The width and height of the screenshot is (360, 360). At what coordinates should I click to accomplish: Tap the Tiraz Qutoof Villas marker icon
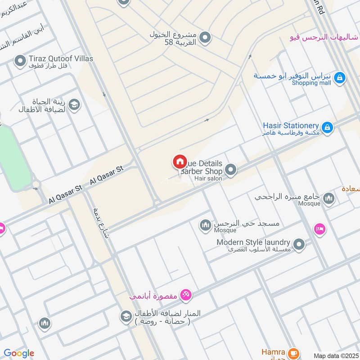pos(20,61)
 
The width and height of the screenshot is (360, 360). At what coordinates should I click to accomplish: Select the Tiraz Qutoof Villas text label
pos(61,58)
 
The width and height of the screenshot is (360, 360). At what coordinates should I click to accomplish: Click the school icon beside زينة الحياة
pos(74,105)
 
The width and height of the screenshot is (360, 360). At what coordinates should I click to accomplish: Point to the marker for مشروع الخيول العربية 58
pos(205,38)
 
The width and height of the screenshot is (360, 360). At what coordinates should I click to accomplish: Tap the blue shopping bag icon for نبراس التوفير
pos(340,78)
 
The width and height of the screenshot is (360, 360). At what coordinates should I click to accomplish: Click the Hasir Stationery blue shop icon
pos(328,128)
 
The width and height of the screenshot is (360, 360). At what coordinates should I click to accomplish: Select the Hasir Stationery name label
pos(291,126)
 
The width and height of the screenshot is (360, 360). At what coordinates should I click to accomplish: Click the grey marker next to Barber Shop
pos(231,170)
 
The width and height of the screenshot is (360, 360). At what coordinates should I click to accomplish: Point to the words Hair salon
pos(208,179)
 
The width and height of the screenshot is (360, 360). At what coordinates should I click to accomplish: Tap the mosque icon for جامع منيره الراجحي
pos(329,198)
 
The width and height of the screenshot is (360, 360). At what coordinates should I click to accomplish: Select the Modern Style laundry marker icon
pos(299,244)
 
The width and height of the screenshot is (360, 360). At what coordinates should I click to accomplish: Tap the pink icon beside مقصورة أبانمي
pos(185,295)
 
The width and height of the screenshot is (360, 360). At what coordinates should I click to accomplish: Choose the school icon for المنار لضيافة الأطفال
pos(126,316)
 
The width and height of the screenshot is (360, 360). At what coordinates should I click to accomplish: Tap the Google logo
pos(18,353)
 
